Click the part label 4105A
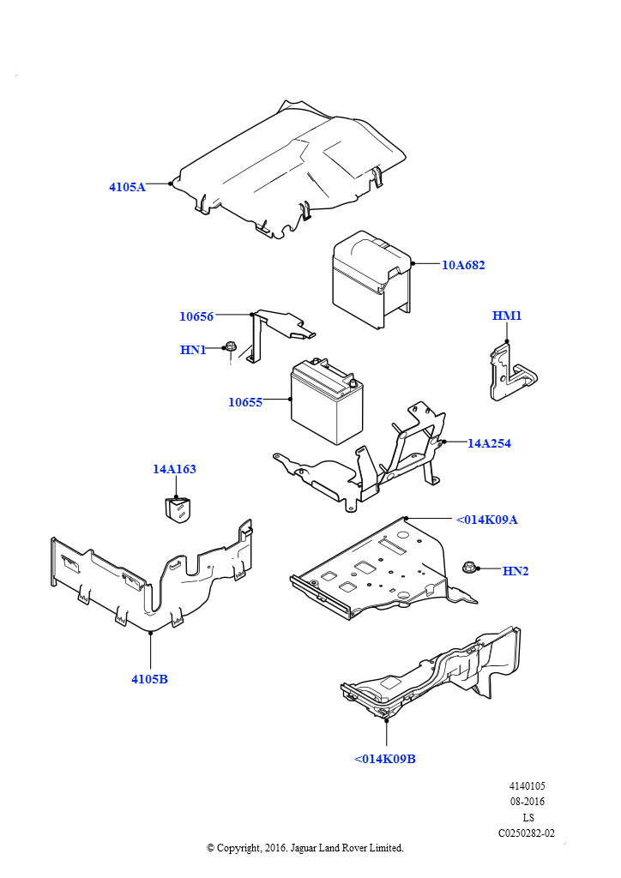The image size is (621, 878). pyautogui.click(x=127, y=187)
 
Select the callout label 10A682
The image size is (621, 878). pyautogui.click(x=463, y=265)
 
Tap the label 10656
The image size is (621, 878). pyautogui.click(x=196, y=316)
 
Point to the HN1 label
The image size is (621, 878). pyautogui.click(x=193, y=350)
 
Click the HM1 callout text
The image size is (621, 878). pyautogui.click(x=507, y=316)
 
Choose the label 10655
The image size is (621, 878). pyautogui.click(x=245, y=402)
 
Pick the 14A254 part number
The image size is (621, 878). pyautogui.click(x=489, y=443)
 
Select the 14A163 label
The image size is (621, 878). pyautogui.click(x=175, y=469)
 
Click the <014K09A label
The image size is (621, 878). pyautogui.click(x=486, y=520)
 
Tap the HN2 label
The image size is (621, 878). pyautogui.click(x=515, y=571)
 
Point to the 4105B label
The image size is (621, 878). pyautogui.click(x=149, y=679)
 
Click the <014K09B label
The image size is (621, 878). pyautogui.click(x=385, y=760)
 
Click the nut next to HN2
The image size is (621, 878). pyautogui.click(x=469, y=568)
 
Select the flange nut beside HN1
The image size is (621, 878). pyautogui.click(x=230, y=347)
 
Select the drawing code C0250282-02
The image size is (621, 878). pyautogui.click(x=527, y=833)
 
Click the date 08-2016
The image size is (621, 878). pyautogui.click(x=527, y=802)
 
